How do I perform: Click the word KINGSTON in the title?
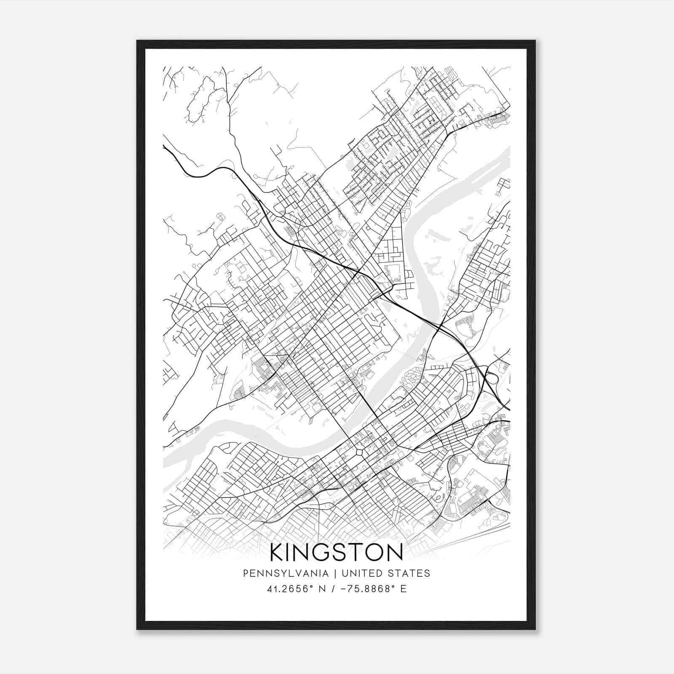pyautogui.click(x=336, y=552)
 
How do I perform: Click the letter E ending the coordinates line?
pyautogui.click(x=403, y=589)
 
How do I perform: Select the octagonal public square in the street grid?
pyautogui.click(x=359, y=452)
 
